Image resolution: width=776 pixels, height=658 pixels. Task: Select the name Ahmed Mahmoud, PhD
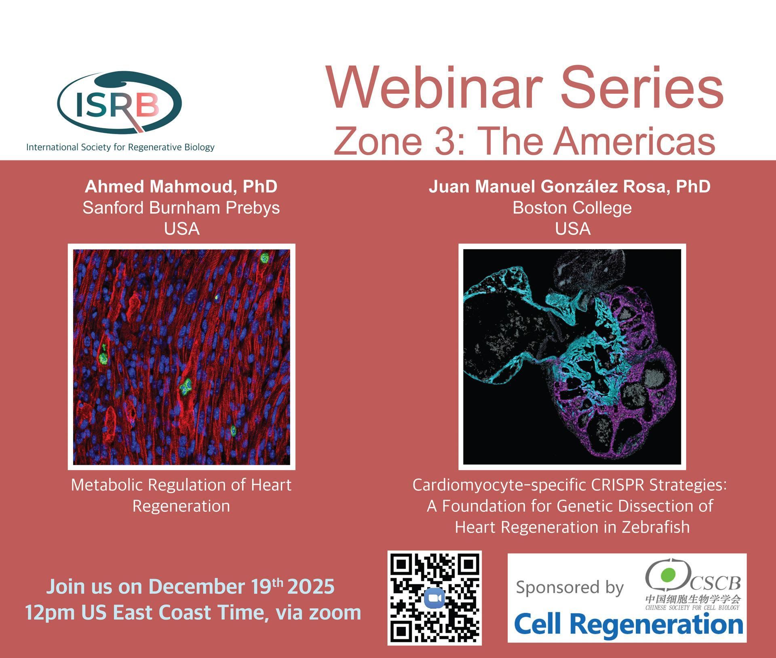181,187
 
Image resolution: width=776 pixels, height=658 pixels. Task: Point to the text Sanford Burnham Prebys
181,208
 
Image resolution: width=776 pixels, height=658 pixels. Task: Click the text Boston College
572,208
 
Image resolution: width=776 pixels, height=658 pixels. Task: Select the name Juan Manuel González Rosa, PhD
569,187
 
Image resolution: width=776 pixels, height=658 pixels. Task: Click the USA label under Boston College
573,229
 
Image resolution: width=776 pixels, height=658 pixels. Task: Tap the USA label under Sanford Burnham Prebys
181,229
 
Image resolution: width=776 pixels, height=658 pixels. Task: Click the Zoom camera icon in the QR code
434,598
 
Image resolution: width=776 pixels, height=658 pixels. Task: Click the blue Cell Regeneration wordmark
628,624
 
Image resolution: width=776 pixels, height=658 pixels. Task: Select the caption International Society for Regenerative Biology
120,147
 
